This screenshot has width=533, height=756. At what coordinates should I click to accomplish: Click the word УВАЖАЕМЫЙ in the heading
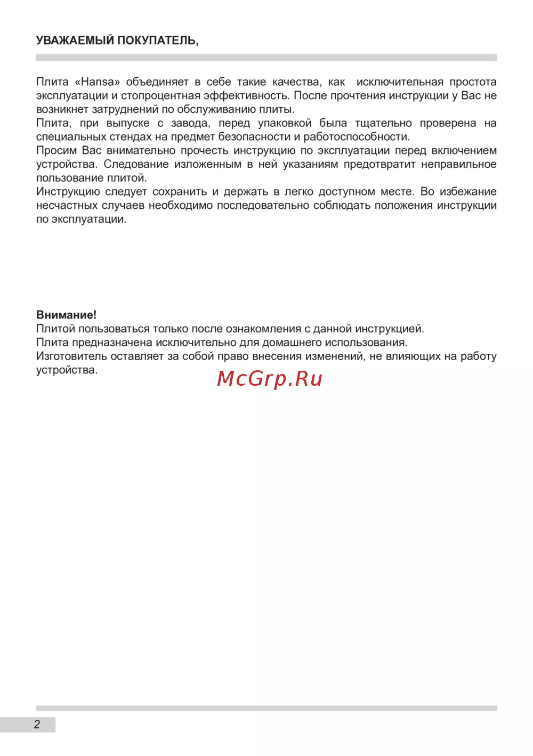[x=75, y=40]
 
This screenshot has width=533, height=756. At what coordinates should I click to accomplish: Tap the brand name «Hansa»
[x=98, y=82]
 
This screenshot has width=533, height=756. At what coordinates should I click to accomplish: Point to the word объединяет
[x=157, y=82]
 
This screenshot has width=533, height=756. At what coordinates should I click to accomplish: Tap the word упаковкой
[x=285, y=123]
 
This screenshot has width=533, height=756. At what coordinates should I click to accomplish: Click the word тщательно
[x=383, y=123]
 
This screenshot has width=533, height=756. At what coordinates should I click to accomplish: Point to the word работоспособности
[x=356, y=137]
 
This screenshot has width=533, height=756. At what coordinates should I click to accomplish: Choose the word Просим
[x=56, y=151]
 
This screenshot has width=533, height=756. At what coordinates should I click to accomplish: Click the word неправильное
[x=459, y=164]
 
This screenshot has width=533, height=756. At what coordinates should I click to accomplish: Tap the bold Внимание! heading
[x=66, y=315]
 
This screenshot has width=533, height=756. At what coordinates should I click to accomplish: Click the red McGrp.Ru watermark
[x=270, y=378]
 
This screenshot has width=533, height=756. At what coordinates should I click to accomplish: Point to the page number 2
[x=37, y=725]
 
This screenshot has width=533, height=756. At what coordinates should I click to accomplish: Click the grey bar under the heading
[x=266, y=58]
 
